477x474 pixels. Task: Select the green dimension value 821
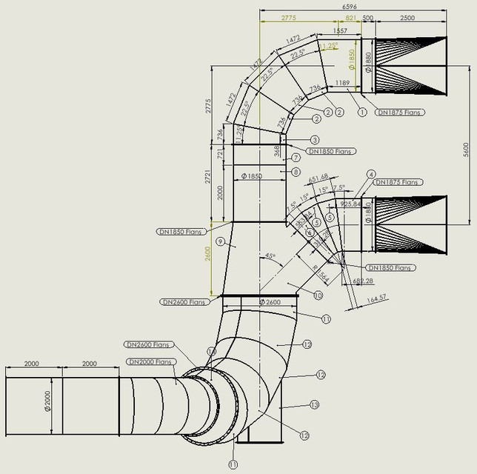tap(351, 17)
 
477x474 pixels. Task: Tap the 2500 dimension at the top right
tap(407, 17)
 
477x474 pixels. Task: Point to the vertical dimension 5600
tap(466, 147)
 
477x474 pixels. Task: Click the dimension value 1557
tap(341, 31)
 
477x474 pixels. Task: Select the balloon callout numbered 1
tap(362, 112)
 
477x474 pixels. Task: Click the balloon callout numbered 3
tap(315, 139)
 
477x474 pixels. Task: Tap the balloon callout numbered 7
tap(296, 157)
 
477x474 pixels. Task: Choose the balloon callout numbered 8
tap(296, 172)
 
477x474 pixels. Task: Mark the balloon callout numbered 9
tap(220, 241)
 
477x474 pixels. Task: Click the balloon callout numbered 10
tap(318, 295)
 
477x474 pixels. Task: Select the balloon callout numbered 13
tap(315, 404)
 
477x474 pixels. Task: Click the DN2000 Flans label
tap(150, 361)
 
